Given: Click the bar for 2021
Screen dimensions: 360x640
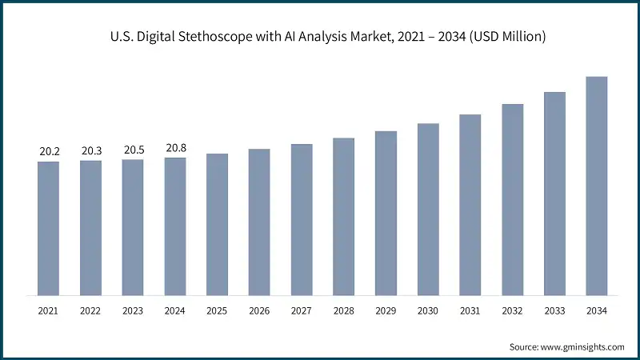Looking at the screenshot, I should (x=48, y=228).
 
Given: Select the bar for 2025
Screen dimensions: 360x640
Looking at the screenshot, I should (x=217, y=224).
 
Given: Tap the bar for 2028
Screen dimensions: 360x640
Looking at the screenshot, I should (x=343, y=216).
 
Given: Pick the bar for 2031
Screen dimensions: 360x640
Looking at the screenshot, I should (x=470, y=204).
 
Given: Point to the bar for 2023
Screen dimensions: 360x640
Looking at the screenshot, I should (x=133, y=227).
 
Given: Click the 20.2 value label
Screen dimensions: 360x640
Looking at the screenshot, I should (x=48, y=151).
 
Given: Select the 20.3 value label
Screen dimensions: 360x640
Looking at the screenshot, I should (x=90, y=150).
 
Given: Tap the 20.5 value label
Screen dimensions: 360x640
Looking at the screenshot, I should (x=133, y=150).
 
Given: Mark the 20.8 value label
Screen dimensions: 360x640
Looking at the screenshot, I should (x=175, y=147).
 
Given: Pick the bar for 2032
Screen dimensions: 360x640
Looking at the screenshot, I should (x=512, y=199).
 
